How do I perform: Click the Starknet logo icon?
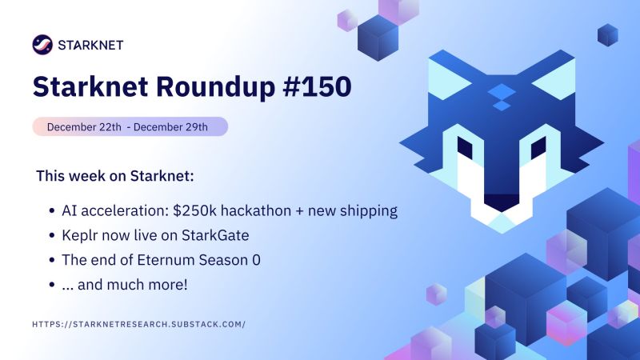(x=42, y=45)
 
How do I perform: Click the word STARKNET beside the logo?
(x=90, y=45)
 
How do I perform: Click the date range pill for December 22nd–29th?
(x=130, y=126)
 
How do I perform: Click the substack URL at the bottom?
(x=138, y=324)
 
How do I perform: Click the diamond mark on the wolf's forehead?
(x=501, y=96)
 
